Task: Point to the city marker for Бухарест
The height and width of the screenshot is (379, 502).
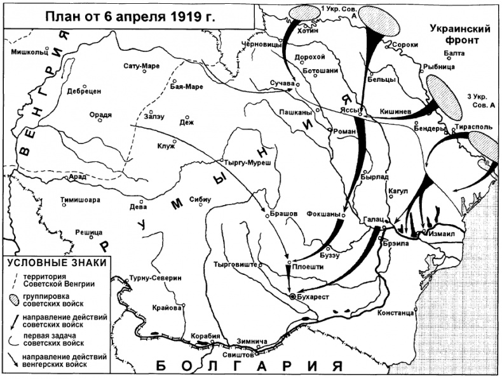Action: tap(292, 296)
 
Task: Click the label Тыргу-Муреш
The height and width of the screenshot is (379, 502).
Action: tap(250, 162)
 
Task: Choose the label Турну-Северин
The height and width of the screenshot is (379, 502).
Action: tap(155, 278)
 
